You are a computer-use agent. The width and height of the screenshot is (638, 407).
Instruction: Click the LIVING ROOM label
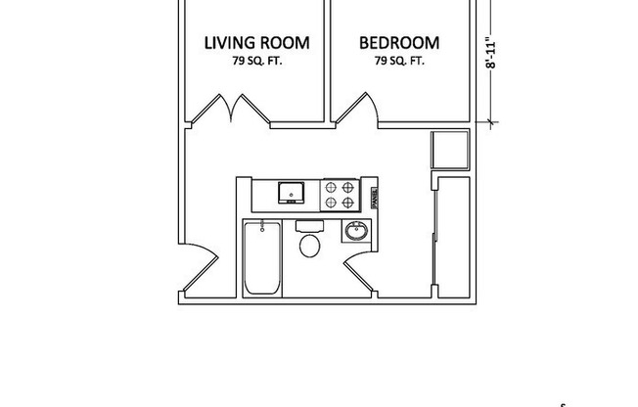[256, 43]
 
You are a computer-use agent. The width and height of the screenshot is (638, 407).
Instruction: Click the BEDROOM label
[398, 43]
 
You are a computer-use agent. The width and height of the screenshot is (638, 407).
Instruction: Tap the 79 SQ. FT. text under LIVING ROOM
[256, 61]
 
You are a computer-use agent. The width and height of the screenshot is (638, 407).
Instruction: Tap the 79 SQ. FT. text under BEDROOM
[398, 61]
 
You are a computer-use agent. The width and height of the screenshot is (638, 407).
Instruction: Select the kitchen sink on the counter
[290, 192]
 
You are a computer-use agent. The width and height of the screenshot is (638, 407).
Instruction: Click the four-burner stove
[339, 194]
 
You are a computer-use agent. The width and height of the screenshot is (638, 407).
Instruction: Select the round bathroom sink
[355, 233]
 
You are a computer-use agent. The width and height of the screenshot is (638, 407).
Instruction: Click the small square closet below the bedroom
[450, 151]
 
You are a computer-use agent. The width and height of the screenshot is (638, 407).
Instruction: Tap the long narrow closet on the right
[452, 235]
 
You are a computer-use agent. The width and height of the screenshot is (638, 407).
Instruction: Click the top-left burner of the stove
[331, 185]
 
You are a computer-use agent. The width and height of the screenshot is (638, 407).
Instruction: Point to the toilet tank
[308, 226]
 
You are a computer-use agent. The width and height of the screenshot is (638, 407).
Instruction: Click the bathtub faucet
[262, 229]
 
